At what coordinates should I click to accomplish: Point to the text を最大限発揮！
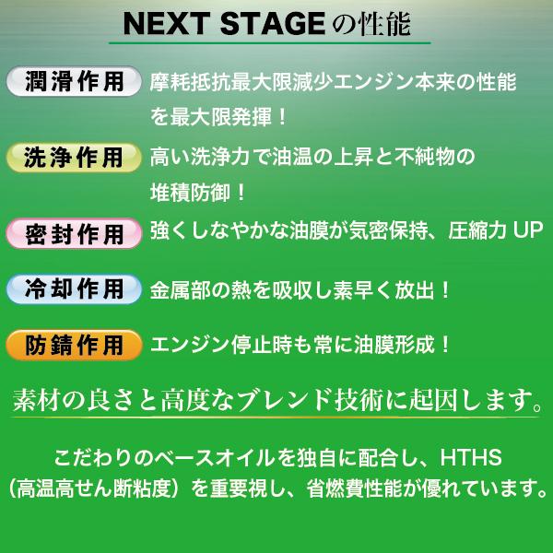click(x=218, y=118)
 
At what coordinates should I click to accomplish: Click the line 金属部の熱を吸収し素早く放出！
click(x=300, y=289)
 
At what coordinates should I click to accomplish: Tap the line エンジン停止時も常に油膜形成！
click(x=300, y=346)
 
